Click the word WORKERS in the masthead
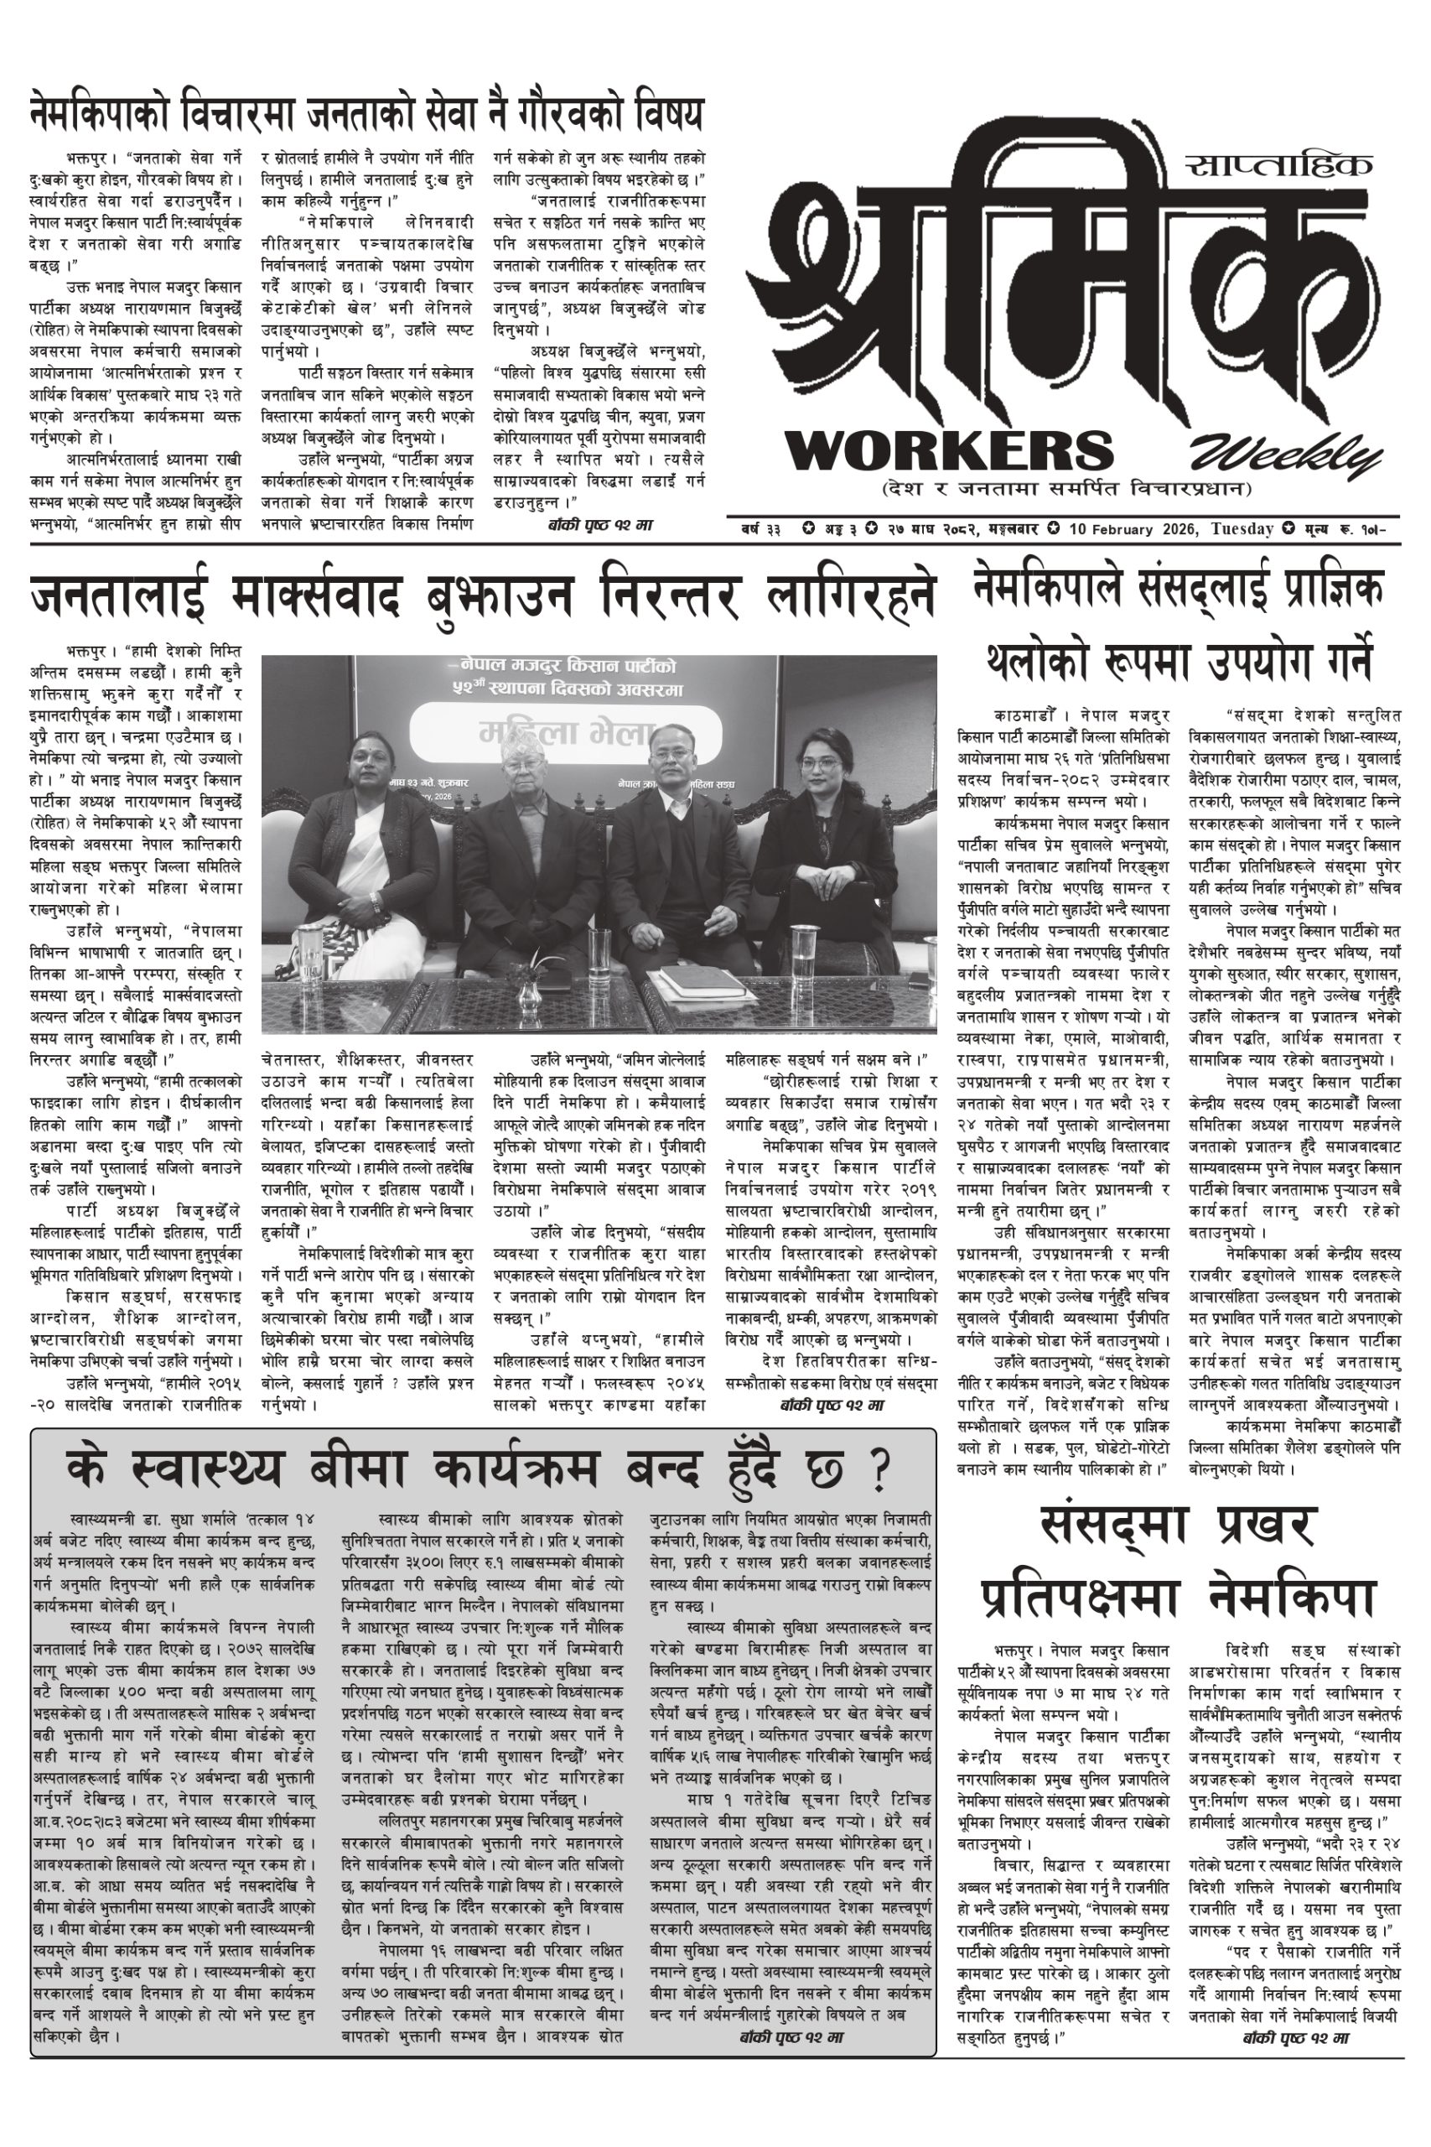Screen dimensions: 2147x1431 coord(949,450)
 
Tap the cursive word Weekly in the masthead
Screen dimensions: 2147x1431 coord(1285,454)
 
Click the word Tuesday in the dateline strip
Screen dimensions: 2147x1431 coord(1242,528)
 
